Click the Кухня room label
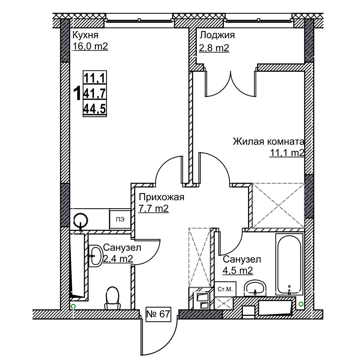coord(86,35)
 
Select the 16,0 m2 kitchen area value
coord(91,46)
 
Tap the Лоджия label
coord(217,35)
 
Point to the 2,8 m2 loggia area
coord(214,48)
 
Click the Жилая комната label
coord(269,142)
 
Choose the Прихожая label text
coord(162,197)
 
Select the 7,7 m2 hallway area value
coord(153,208)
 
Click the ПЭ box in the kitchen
coord(120,219)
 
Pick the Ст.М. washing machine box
coord(225,289)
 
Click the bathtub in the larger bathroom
coord(289,264)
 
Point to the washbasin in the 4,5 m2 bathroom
coord(255,288)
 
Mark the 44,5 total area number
coord(95,109)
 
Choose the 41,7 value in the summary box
coord(95,93)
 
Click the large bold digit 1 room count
coord(77,93)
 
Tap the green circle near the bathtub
coord(301,304)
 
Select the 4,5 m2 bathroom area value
coord(238,270)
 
